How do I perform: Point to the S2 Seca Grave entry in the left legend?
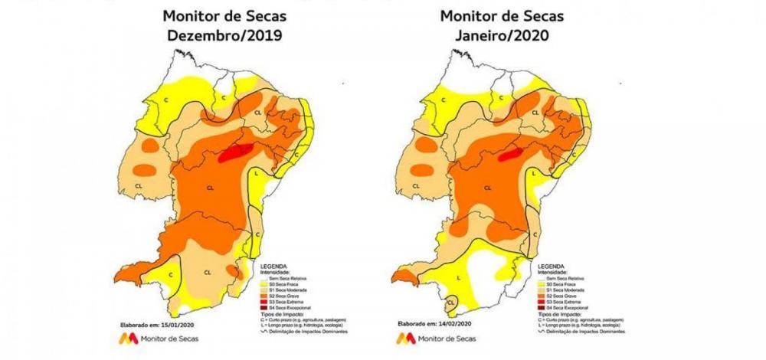[x=283, y=294]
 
